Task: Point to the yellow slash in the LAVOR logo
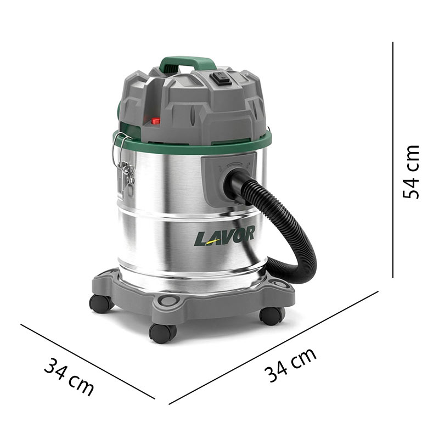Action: pos(210,238)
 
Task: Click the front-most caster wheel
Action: pos(163,333)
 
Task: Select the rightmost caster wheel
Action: pos(272,315)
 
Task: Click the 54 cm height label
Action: pos(410,172)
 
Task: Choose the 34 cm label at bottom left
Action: pos(69,376)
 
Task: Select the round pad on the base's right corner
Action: pos(280,285)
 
